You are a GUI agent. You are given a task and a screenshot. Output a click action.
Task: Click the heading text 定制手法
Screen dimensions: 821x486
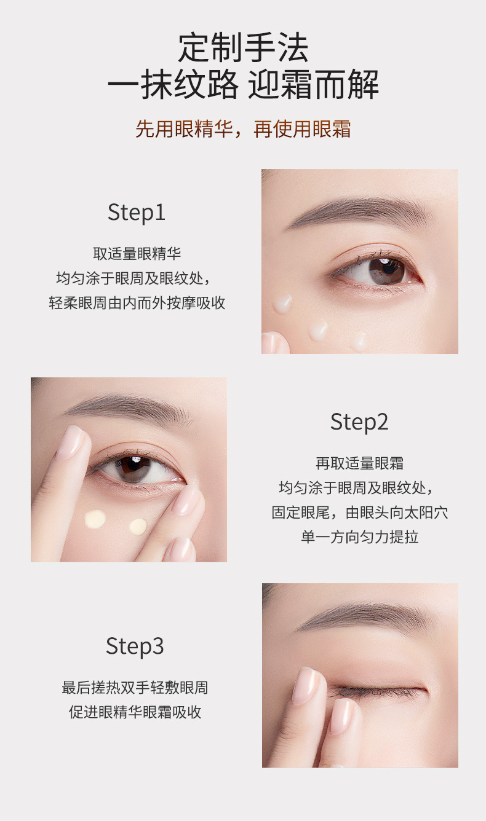pos(243,48)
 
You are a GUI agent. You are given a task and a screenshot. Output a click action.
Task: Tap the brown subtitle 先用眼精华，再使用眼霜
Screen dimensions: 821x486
pos(243,129)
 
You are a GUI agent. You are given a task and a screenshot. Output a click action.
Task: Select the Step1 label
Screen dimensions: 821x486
pos(137,213)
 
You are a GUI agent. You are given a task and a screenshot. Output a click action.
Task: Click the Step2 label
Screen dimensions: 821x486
pos(359,422)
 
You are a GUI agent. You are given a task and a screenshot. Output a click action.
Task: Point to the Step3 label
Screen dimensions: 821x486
pos(135,646)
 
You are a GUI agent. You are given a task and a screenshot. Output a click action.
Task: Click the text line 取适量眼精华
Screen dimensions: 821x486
pos(137,254)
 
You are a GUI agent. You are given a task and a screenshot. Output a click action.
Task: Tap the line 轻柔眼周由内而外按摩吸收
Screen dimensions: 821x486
pos(137,303)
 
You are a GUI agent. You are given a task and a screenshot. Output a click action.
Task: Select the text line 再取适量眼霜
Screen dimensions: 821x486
pos(359,463)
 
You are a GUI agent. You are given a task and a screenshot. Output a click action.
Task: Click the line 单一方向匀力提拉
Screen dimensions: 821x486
pos(359,536)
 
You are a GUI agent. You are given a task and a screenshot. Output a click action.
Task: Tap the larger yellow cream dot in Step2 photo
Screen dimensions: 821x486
pos(95,520)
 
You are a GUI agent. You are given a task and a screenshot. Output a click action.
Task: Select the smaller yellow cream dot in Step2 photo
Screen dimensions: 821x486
pos(138,526)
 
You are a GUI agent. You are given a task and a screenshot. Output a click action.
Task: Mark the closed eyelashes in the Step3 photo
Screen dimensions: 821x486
pos(375,693)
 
